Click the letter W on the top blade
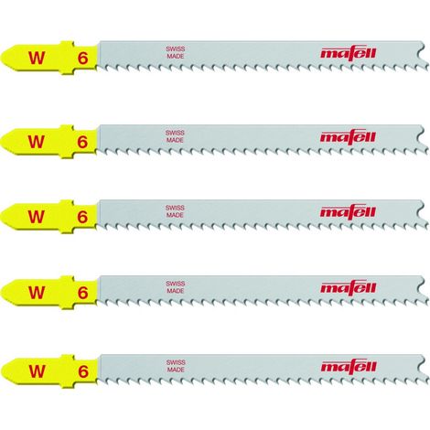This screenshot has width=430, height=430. pos(37,58)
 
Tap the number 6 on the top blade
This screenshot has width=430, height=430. pos(82,58)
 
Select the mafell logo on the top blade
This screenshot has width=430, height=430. pos(349,53)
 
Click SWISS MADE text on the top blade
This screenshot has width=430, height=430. pos(176,52)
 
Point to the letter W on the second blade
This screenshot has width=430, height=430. pos(37,142)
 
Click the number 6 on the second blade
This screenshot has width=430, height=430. pos(82,142)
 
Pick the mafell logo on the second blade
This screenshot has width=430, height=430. pos(348,137)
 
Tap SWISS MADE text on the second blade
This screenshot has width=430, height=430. pos(175,136)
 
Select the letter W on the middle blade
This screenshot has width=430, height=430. pos(36,217)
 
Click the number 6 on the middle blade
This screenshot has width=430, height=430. pos(82,217)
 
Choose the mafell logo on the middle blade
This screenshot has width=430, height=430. pos(348,212)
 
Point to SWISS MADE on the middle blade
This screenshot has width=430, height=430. pos(175,211)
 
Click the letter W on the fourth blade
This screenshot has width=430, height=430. pos(37,292)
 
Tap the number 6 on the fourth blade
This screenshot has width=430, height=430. pos(82,293)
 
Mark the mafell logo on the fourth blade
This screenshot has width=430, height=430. pos(349,287)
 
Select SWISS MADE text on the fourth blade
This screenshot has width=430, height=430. pos(176,287)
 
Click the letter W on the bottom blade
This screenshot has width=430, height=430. pos(37,371)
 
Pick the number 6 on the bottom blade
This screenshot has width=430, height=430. pos(83,371)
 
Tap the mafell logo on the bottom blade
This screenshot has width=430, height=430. pos(349,366)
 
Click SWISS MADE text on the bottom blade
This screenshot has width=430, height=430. pos(176,366)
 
